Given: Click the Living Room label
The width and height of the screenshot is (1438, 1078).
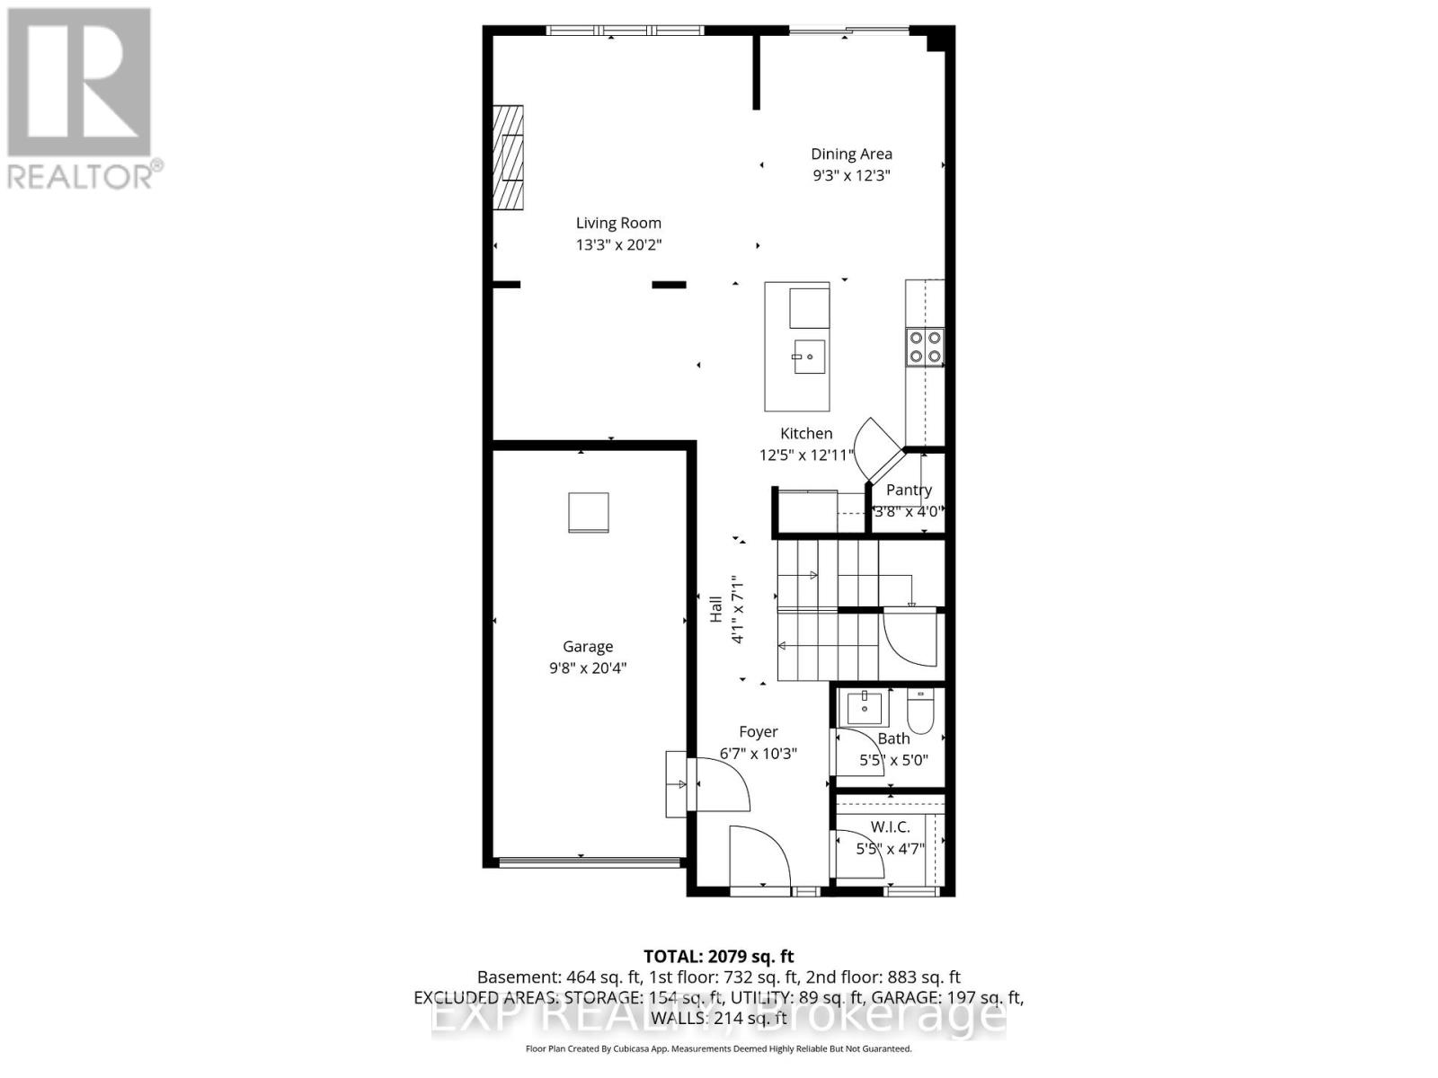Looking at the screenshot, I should [618, 223].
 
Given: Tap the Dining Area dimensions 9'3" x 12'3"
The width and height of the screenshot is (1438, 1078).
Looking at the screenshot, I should [851, 176].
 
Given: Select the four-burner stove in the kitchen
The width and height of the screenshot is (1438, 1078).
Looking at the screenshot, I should [925, 347].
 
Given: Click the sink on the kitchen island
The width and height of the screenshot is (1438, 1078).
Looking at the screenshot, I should [808, 357].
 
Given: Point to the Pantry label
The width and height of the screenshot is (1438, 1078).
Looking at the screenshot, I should [909, 490].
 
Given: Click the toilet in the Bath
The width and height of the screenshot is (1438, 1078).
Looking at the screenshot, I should [921, 711].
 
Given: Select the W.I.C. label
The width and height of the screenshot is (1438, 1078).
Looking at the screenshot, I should [890, 826].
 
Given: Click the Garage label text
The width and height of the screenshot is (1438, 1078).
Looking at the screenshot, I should [588, 646].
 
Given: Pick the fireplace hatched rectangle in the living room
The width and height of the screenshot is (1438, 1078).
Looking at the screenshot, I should [508, 157].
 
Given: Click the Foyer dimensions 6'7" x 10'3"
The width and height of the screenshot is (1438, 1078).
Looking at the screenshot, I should [759, 754].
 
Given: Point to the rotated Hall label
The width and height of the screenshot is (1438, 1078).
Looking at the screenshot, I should [716, 609].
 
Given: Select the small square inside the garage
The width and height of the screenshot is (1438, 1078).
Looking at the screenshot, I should [589, 513].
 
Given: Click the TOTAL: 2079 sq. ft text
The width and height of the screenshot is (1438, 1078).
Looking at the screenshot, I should [718, 957].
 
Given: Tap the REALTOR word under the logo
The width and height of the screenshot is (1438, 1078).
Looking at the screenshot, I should [81, 175].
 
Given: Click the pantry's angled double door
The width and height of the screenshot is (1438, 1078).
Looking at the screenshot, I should [876, 449].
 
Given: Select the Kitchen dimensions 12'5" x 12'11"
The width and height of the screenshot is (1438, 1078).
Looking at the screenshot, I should [806, 455].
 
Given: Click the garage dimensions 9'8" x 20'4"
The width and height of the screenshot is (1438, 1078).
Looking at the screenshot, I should [588, 668].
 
